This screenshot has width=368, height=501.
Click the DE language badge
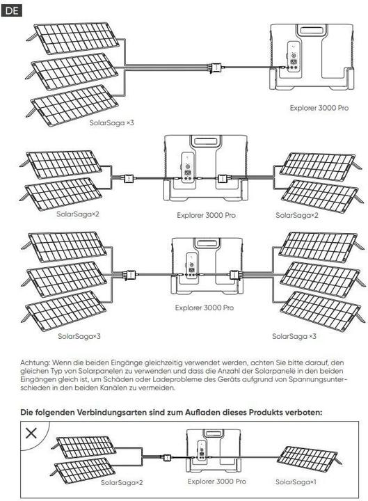(12, 10)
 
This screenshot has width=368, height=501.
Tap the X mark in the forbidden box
(31, 434)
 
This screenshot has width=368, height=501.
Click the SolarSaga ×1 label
(296, 482)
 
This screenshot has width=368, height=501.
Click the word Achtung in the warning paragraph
(35, 363)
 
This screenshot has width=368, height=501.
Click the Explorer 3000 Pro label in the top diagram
(319, 108)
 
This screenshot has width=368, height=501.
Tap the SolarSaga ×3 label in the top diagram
(111, 122)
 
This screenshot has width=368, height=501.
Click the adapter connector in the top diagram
(216, 67)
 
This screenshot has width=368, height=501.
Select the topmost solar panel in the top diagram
(75, 38)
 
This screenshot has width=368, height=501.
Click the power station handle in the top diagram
(312, 31)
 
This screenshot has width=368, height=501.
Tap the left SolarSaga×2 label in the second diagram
(78, 214)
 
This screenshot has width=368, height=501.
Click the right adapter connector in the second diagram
(223, 178)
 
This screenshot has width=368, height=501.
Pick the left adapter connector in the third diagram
(130, 274)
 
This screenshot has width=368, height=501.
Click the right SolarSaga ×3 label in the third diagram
(294, 336)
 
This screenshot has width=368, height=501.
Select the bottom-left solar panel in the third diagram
(66, 310)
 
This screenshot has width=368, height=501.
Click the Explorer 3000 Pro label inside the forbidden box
(217, 482)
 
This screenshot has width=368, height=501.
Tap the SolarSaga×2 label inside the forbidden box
(122, 482)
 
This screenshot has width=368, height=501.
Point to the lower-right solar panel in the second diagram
(321, 196)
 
